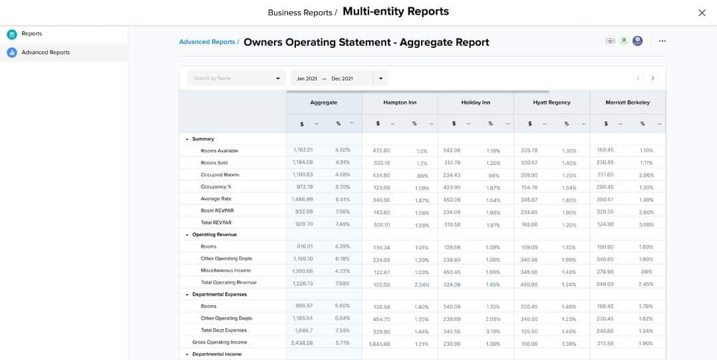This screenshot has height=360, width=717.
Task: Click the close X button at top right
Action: [702, 13]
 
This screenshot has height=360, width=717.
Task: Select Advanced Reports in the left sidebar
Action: [45, 53]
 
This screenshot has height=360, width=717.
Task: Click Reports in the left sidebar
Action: [31, 34]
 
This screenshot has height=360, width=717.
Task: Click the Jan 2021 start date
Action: [307, 79]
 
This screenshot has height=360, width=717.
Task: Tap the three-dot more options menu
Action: [662, 41]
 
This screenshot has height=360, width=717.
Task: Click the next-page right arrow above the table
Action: [652, 79]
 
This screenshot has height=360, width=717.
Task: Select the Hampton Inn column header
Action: [400, 102]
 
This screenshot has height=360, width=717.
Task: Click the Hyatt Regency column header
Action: [551, 102]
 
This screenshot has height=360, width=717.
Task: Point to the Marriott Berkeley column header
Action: [627, 102]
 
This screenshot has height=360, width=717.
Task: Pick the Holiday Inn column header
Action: [476, 102]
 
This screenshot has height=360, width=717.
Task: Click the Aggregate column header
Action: [324, 102]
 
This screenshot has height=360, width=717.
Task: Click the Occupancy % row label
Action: [216, 187]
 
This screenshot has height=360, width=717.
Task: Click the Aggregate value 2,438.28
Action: [301, 343]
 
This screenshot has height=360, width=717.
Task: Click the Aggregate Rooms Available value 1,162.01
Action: [303, 150]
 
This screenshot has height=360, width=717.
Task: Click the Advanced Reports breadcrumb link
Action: [207, 42]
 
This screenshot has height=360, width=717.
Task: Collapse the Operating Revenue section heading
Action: [188, 235]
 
